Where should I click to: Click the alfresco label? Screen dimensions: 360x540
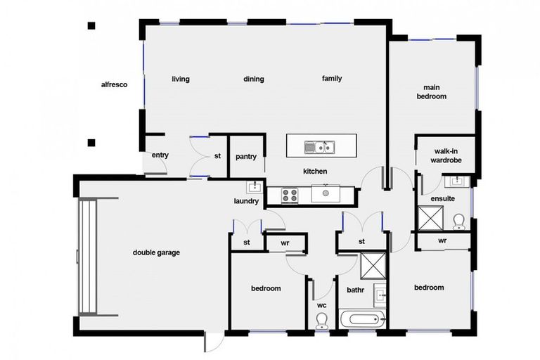[113, 84]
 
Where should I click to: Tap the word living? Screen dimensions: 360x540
[181, 79]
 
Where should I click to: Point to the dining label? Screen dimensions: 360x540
[254, 79]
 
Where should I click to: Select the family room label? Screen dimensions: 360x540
[332, 78]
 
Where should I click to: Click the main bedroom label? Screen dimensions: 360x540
[431, 91]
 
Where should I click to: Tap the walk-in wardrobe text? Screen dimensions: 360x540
[448, 155]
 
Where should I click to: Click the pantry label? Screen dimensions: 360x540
[245, 157]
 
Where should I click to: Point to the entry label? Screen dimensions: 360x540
[160, 155]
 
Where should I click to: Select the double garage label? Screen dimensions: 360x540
[156, 252]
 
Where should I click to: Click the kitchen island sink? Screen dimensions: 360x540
[319, 146]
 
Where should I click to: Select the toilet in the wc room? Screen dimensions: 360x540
[322, 321]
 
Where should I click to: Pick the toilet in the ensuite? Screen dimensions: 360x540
[458, 221]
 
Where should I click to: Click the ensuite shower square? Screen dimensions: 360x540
[429, 218]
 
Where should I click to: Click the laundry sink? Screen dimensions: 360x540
[253, 187]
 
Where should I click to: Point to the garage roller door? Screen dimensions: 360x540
[88, 257]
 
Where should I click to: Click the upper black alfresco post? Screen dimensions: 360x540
[91, 27]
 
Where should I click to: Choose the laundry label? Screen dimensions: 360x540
[246, 202]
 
